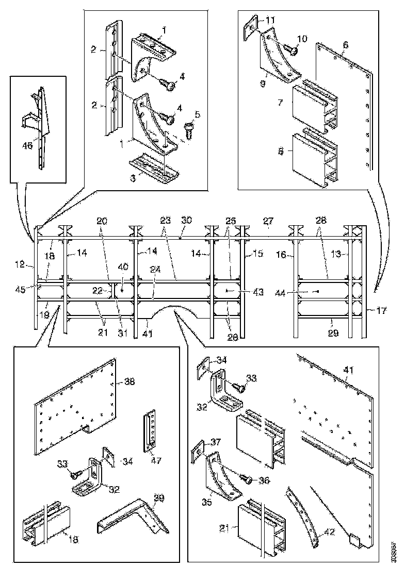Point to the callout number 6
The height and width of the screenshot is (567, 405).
point(346,45)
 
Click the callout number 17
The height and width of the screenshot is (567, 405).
point(382,311)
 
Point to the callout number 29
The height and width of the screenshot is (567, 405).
point(333,333)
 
